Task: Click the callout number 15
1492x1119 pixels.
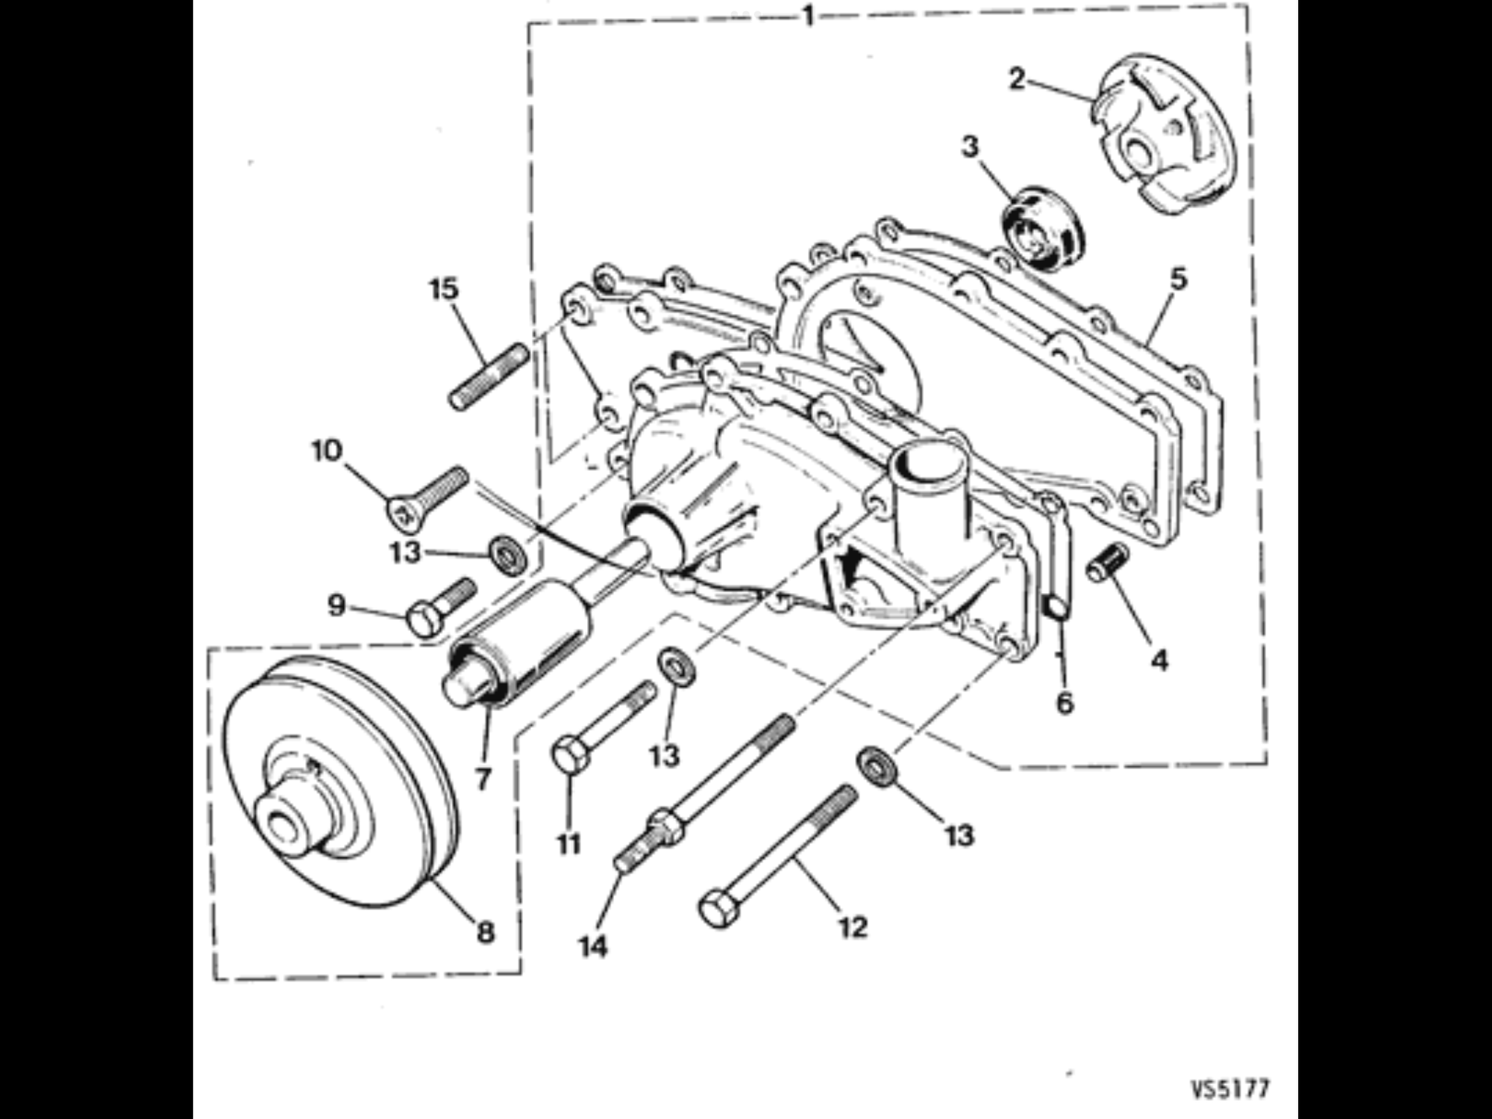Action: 444,289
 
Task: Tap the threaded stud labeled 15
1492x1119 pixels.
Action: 489,376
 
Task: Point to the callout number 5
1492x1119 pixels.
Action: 1179,279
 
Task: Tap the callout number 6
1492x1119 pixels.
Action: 1065,702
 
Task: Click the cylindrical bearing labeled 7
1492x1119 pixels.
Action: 522,642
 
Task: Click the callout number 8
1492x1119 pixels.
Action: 485,931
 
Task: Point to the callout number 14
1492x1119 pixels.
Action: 593,947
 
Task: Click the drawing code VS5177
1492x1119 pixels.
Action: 1229,1088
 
